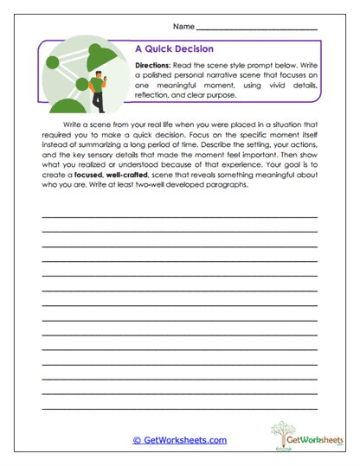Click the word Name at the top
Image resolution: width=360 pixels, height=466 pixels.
[183, 28]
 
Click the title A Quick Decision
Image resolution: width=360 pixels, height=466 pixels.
[175, 49]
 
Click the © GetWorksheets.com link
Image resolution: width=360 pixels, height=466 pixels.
[179, 440]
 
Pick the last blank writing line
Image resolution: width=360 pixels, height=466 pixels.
[179, 407]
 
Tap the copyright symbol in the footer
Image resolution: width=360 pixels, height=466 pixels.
[136, 440]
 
